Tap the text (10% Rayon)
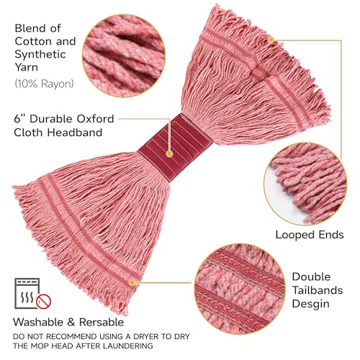tap(44, 84)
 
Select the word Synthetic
tap(40, 55)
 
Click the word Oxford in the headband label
tap(95, 119)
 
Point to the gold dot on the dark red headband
tap(169, 154)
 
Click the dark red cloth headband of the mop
tap(175, 148)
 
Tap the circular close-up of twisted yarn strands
tap(124, 55)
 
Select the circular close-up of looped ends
tap(305, 184)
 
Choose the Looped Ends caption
tap(310, 235)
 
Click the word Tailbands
tap(318, 290)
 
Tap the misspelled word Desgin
tap(310, 304)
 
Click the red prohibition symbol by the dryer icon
tap(44, 301)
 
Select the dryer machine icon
tap(27, 293)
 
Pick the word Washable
tap(39, 322)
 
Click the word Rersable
tap(102, 322)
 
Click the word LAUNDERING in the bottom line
tap(128, 346)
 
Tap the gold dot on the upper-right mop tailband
tap(271, 40)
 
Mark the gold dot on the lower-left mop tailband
tap(132, 282)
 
